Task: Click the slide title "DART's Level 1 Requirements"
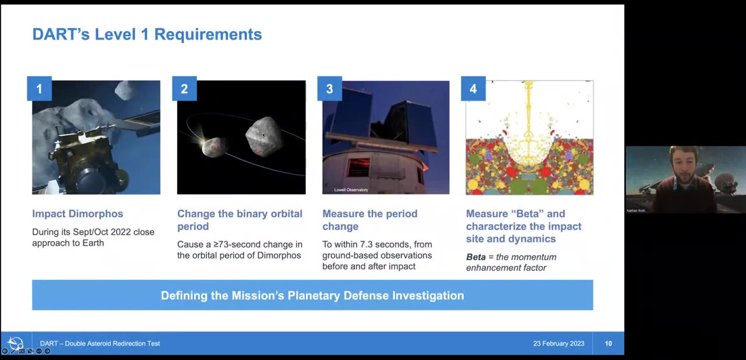(147, 34)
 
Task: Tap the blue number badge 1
(39, 89)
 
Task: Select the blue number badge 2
(184, 89)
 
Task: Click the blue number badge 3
(329, 89)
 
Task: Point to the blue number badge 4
(473, 89)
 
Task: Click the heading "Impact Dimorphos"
(78, 214)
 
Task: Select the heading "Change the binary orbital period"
(240, 220)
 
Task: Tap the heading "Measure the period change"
(370, 220)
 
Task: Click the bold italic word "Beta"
(476, 257)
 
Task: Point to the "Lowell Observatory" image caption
(351, 190)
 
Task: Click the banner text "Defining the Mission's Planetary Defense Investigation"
(312, 295)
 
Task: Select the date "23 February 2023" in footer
(558, 344)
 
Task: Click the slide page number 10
(608, 344)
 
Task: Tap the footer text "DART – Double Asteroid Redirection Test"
(100, 344)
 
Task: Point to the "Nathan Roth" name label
(636, 210)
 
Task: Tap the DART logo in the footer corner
(16, 343)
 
